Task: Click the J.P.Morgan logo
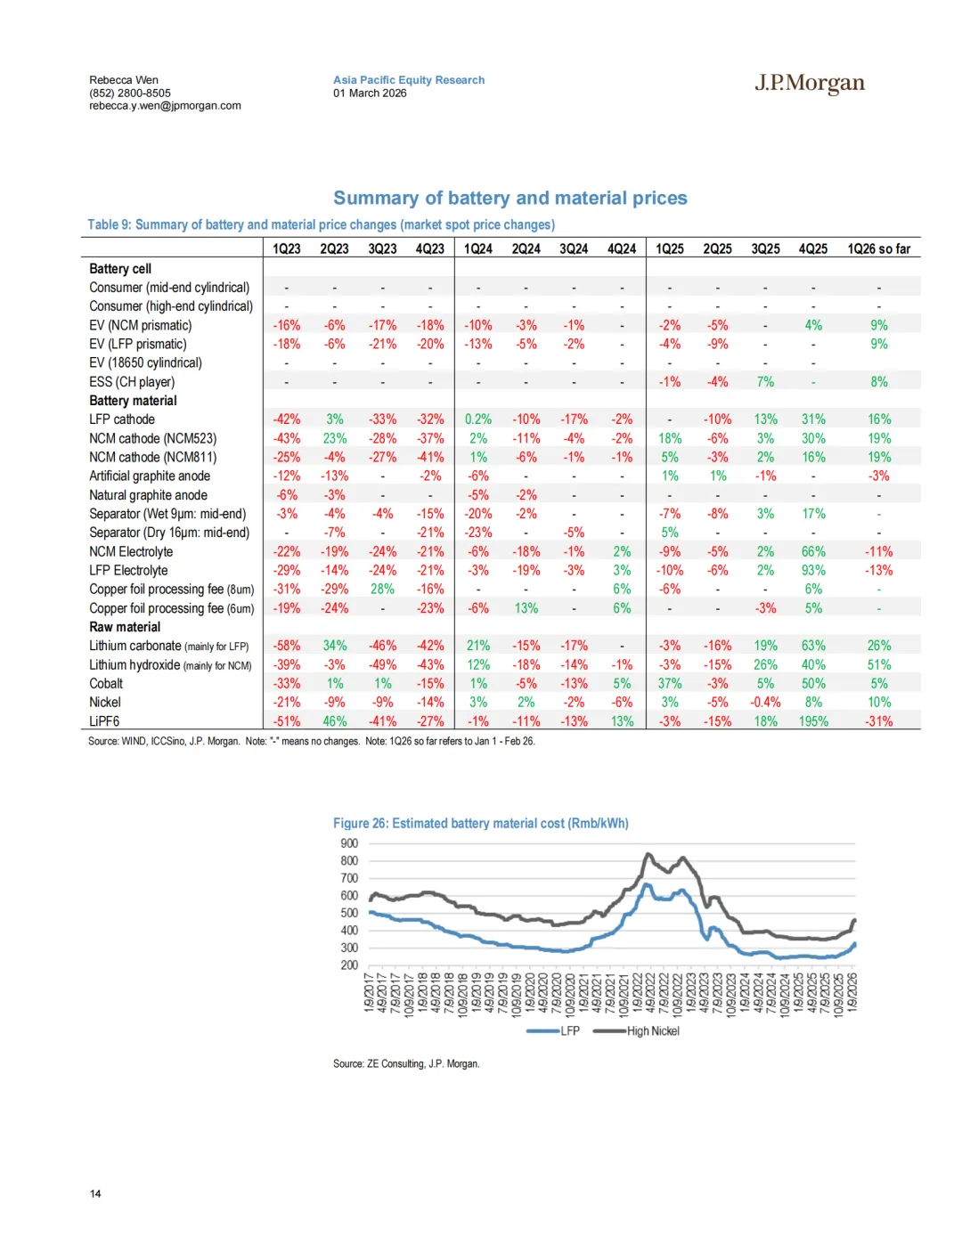pos(810,83)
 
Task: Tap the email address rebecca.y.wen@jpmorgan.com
pos(165,105)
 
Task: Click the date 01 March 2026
pos(370,93)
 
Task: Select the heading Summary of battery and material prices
pos(510,198)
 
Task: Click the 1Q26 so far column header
pos(878,248)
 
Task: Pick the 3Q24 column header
pos(574,248)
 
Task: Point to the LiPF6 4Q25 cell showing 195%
pos(812,721)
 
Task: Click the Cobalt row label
pos(106,683)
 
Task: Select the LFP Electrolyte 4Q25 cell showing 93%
pos(812,570)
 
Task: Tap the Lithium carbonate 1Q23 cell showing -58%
pos(286,646)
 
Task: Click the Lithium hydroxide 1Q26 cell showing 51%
pos(878,664)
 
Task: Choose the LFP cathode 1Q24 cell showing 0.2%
pos(477,419)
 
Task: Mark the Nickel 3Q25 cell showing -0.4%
pos(765,702)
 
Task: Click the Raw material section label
pos(125,627)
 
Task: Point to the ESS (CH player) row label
pos(132,381)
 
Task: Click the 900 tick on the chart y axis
pos(349,843)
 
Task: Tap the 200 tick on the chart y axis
pos(349,965)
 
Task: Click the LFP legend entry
pos(569,1031)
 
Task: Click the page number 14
pos(95,1193)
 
